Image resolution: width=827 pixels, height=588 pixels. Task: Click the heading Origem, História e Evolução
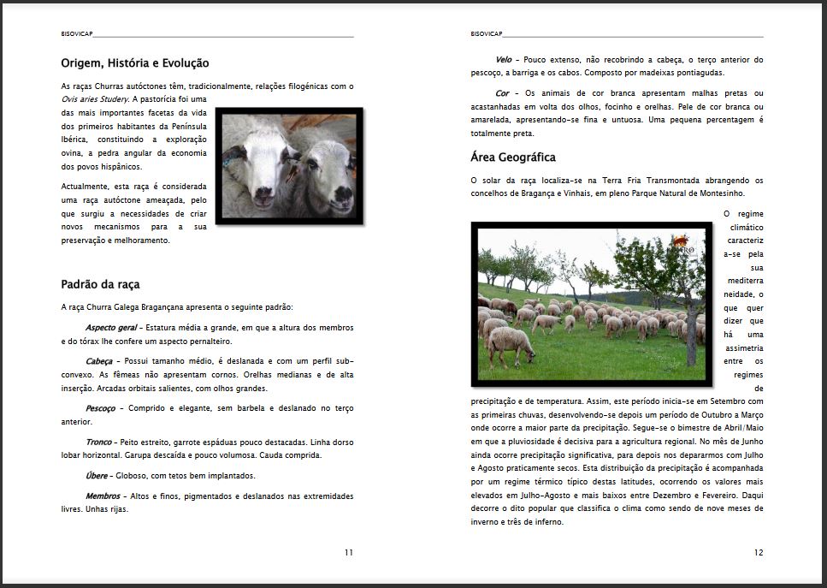(135, 63)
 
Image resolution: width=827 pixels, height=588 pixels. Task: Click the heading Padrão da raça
(100, 284)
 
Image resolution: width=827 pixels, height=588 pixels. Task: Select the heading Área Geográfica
(513, 157)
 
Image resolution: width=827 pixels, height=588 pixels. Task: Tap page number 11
(349, 552)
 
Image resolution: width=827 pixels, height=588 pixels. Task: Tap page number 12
(759, 552)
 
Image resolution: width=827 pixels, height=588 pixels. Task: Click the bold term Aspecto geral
(111, 328)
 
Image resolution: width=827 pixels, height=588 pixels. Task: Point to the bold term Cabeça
(99, 361)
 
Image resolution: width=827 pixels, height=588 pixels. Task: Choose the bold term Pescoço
(101, 408)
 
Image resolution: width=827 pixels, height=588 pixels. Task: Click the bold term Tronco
(98, 442)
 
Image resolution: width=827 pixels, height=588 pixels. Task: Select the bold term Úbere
(97, 475)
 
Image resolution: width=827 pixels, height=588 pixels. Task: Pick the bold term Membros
(103, 496)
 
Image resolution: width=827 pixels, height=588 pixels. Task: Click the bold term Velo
(504, 60)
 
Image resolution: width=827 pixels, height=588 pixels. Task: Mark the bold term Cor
(502, 93)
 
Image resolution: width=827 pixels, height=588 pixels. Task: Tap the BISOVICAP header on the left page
(76, 34)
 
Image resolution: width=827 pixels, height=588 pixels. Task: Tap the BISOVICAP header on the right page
(486, 34)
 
